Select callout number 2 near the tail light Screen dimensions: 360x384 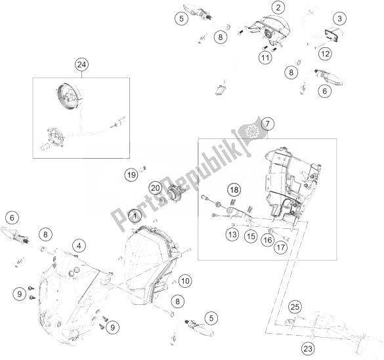coord(279,8)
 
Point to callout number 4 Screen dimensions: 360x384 coord(78,246)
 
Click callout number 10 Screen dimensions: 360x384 coord(184,281)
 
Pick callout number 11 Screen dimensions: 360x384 coord(265,58)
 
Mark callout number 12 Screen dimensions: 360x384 coord(326,52)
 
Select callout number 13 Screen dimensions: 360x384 coord(232,233)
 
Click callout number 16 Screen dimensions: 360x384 coord(266,241)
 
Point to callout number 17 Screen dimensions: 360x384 coord(281,248)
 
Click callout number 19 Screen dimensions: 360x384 coord(131,174)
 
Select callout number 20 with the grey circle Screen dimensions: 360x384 coord(155,188)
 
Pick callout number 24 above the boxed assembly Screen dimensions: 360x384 coord(81,64)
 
